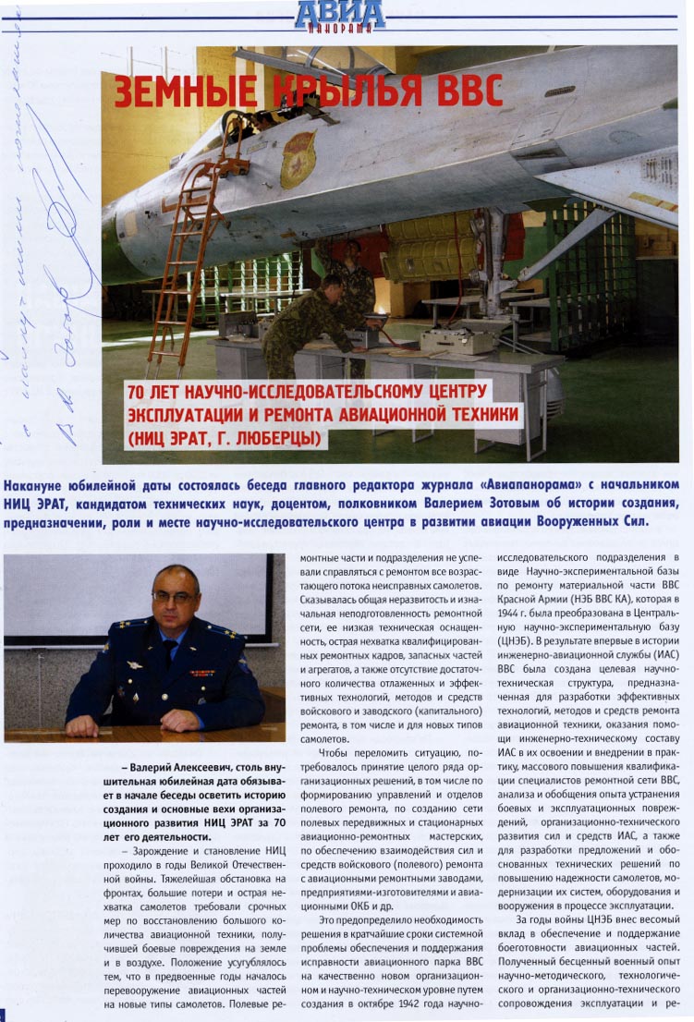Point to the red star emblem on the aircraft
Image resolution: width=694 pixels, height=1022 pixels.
(298, 160)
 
